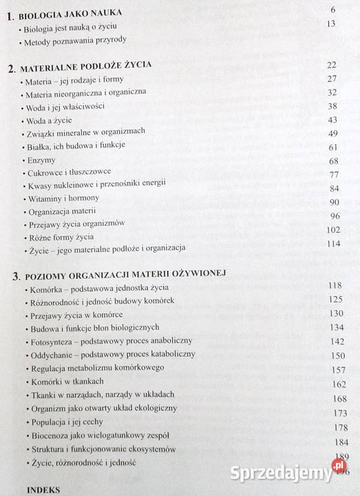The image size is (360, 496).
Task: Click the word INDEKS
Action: [43, 489]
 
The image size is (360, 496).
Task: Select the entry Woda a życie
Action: [50, 120]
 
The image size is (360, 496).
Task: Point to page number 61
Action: [333, 147]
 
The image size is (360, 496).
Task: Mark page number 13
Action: [330, 24]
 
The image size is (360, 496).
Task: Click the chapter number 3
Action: [16, 276]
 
